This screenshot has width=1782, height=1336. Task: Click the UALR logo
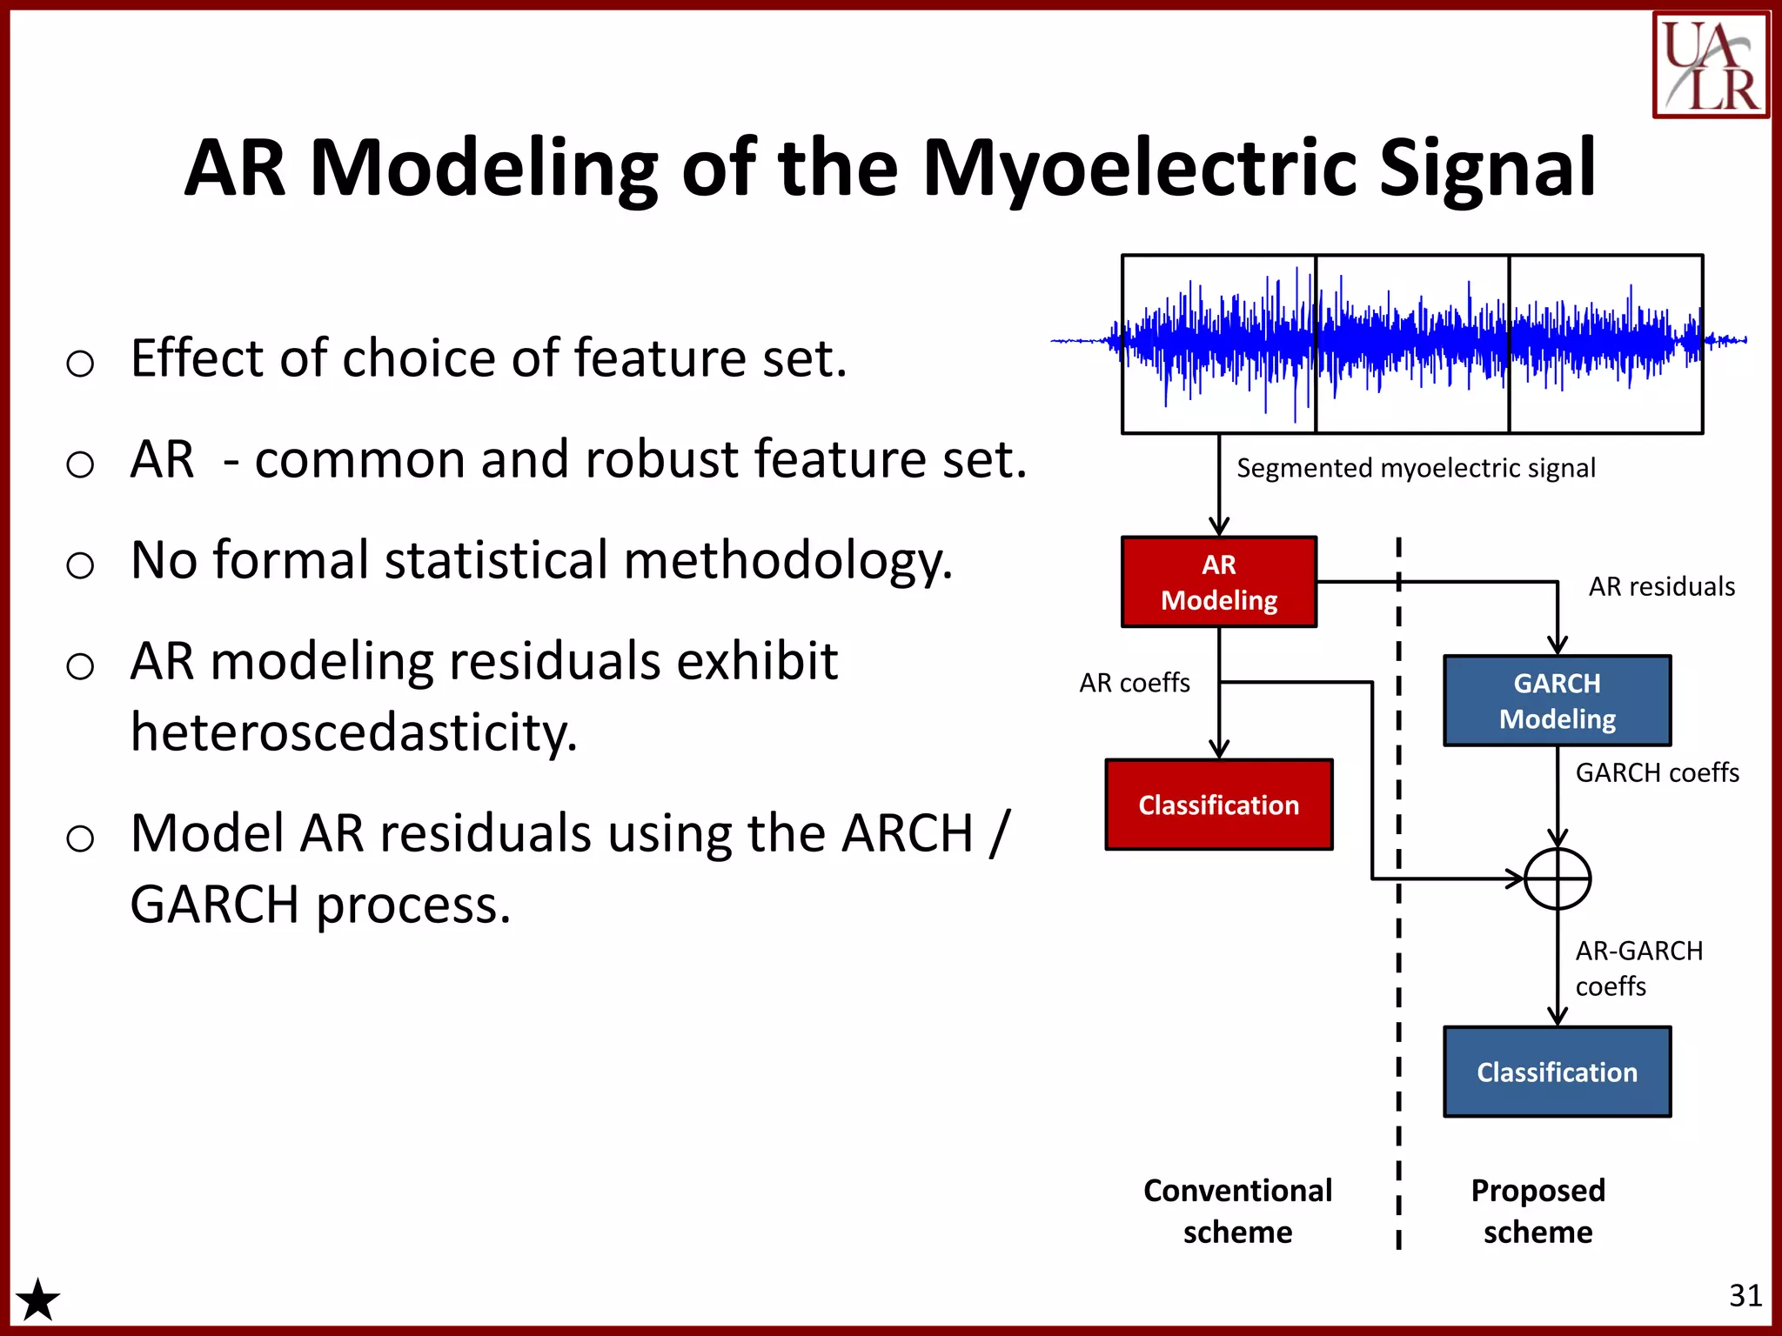pos(1710,64)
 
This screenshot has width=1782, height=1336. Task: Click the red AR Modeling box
pos(1218,582)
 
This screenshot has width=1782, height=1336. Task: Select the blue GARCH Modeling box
pos(1557,701)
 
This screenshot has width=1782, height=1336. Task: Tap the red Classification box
pos(1218,805)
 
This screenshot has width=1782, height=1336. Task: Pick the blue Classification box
pos(1557,1072)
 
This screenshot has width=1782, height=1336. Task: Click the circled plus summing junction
pos(1558,878)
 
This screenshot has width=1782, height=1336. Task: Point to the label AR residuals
pos(1661,587)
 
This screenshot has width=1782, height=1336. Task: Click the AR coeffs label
pos(1134,683)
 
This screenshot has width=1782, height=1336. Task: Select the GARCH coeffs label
pos(1657,772)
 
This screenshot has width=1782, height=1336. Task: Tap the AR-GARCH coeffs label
pos(1638,968)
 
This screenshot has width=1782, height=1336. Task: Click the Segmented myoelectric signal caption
pos(1416,468)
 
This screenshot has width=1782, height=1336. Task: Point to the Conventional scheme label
pos(1237,1211)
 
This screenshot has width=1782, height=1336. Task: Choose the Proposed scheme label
pos(1537,1211)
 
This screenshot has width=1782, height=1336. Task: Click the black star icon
pos(38,1300)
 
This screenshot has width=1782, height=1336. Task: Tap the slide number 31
pos(1745,1296)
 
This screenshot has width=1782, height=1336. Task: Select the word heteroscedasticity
pos(354,732)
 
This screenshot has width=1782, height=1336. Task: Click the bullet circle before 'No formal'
pos(80,565)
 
